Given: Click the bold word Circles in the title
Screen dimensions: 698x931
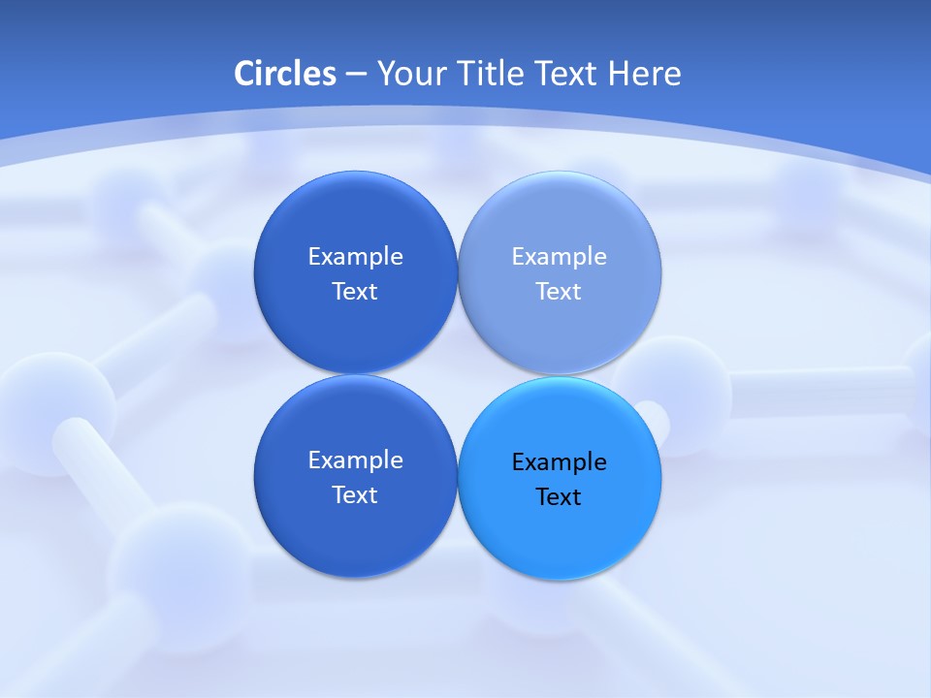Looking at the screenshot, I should (x=285, y=74).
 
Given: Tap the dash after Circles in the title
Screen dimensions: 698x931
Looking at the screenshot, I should (x=356, y=75).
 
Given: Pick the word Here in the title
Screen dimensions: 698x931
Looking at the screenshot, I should (x=644, y=74).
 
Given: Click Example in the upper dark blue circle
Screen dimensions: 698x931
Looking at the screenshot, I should (x=355, y=256).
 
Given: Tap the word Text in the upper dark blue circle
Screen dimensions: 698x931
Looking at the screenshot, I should (x=355, y=291).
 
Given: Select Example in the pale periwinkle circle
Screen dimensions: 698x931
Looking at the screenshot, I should (x=559, y=256).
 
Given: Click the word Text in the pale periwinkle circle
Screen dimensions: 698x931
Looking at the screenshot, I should (x=559, y=291).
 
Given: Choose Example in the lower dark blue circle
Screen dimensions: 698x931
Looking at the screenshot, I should (x=355, y=460).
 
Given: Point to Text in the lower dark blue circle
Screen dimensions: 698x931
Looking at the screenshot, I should (x=355, y=494).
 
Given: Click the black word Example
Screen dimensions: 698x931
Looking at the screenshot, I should (x=559, y=461).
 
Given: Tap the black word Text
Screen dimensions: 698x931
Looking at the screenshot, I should (x=559, y=496).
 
